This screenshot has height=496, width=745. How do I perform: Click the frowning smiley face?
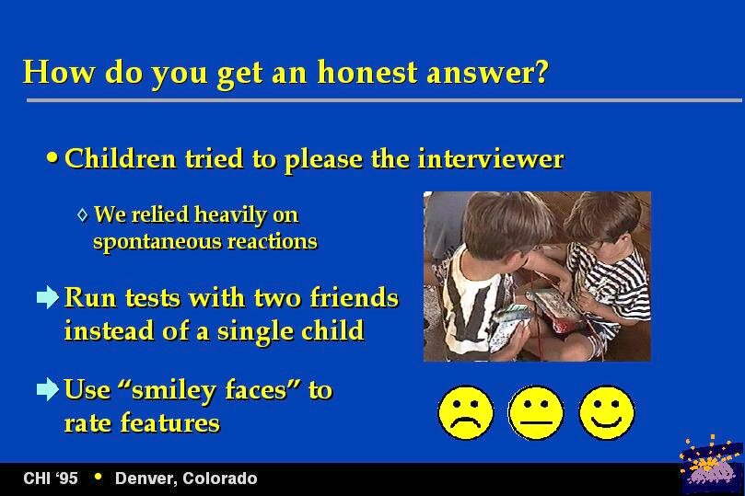466,412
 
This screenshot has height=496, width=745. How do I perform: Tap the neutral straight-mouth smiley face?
536,412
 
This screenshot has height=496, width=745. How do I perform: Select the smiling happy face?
607,412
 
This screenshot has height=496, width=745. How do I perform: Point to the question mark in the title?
541,72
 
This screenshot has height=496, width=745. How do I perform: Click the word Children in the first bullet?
121,158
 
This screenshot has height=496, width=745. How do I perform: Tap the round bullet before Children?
52,157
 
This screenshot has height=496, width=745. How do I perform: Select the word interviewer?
491,158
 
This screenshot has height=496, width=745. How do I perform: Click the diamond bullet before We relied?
83,215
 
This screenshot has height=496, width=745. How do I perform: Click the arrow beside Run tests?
48,297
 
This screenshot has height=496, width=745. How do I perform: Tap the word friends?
354,297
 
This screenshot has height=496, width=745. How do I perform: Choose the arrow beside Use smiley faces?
48,389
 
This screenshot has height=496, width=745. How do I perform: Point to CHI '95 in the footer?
51,478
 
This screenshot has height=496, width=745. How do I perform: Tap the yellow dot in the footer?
99,477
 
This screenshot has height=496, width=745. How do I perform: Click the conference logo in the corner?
711,464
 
